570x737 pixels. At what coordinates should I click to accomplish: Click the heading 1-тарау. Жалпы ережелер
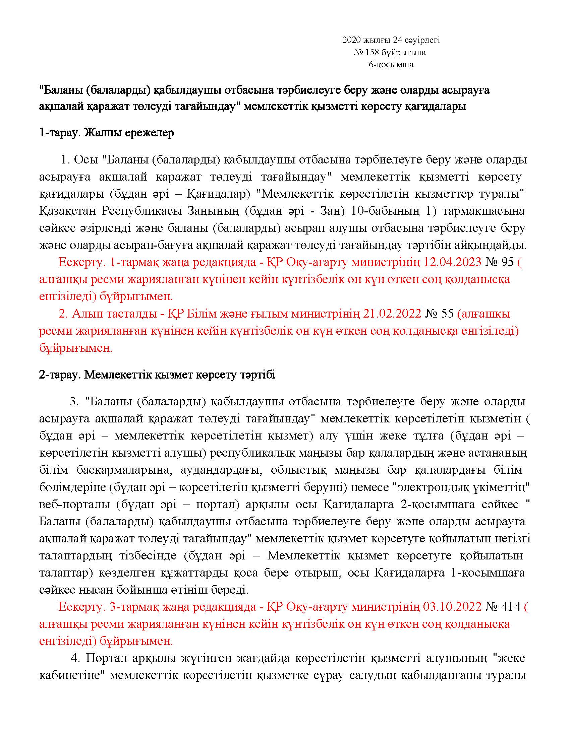(106, 133)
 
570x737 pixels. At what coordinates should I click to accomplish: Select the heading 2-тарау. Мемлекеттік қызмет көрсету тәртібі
(157, 375)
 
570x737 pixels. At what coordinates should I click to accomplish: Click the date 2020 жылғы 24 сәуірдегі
(391, 41)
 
